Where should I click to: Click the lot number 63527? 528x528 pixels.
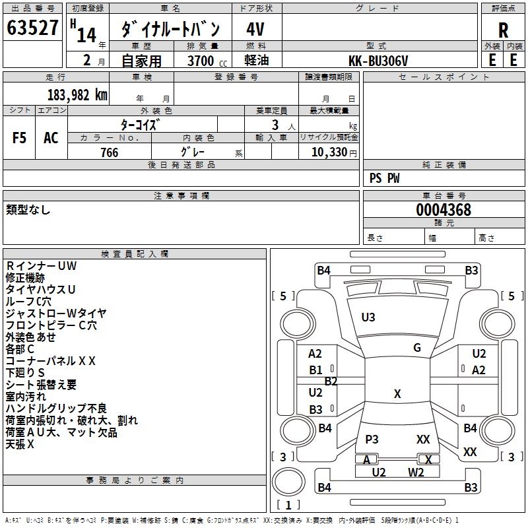click(32, 28)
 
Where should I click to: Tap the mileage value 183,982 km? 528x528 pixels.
click(77, 95)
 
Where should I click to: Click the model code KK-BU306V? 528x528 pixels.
click(378, 61)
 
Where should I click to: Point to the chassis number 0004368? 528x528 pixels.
click(444, 210)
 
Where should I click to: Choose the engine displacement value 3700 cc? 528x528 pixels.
click(207, 61)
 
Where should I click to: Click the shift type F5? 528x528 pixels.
click(19, 138)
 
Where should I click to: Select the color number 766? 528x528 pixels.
click(110, 152)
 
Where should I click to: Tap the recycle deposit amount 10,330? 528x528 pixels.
click(329, 152)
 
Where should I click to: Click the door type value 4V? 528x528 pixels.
click(255, 29)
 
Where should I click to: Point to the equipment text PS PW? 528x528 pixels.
click(385, 178)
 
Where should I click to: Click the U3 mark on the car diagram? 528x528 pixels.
click(368, 317)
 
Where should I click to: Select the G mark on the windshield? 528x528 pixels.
click(417, 347)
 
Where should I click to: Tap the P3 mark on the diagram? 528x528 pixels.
click(372, 439)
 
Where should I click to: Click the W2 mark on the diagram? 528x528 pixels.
click(416, 473)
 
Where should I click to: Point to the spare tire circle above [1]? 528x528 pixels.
click(288, 482)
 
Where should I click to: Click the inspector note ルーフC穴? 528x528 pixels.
click(28, 301)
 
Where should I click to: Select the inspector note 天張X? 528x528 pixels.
click(20, 444)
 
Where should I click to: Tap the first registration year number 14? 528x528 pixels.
click(86, 34)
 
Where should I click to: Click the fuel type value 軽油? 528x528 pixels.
click(257, 60)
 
